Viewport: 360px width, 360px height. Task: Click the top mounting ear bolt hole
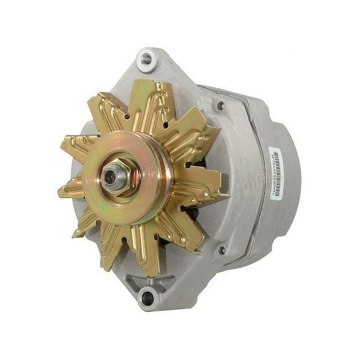(147, 59)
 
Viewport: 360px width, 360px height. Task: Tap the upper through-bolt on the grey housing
(220, 106)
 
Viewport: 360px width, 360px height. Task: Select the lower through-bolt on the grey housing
(221, 251)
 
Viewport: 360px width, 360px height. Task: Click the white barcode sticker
(276, 173)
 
